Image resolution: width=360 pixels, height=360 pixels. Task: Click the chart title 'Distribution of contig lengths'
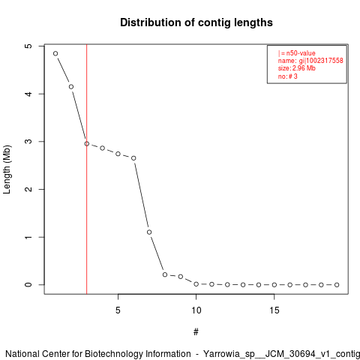pyautogui.click(x=196, y=22)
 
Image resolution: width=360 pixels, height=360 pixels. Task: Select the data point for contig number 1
pyautogui.click(x=55, y=53)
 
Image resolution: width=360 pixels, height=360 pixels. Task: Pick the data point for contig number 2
pyautogui.click(x=71, y=87)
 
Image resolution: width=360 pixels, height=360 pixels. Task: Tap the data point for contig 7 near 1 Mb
pyautogui.click(x=149, y=232)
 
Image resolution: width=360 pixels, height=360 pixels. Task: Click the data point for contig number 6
pyautogui.click(x=133, y=158)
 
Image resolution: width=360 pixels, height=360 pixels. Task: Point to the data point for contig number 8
pyautogui.click(x=165, y=274)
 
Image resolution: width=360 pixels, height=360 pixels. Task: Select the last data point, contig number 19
pyautogui.click(x=337, y=285)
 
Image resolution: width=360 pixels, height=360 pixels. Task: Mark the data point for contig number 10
pyautogui.click(x=196, y=284)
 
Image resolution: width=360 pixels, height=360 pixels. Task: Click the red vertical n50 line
pyautogui.click(x=87, y=169)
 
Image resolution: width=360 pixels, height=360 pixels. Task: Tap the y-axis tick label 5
pyautogui.click(x=29, y=46)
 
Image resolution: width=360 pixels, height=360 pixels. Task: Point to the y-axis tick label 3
pyautogui.click(x=29, y=142)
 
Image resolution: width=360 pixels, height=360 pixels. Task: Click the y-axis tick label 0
pyautogui.click(x=29, y=285)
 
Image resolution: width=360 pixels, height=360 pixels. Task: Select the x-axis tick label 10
pyautogui.click(x=196, y=310)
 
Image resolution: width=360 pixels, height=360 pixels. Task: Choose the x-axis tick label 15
pyautogui.click(x=274, y=310)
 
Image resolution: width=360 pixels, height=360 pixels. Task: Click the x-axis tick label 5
pyautogui.click(x=118, y=310)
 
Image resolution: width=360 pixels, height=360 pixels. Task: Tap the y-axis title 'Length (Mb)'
pyautogui.click(x=7, y=169)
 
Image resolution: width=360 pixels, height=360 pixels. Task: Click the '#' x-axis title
pyautogui.click(x=196, y=332)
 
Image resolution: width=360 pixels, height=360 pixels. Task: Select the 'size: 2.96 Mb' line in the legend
pyautogui.click(x=297, y=68)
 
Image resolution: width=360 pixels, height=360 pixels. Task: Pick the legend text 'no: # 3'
pyautogui.click(x=288, y=76)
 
